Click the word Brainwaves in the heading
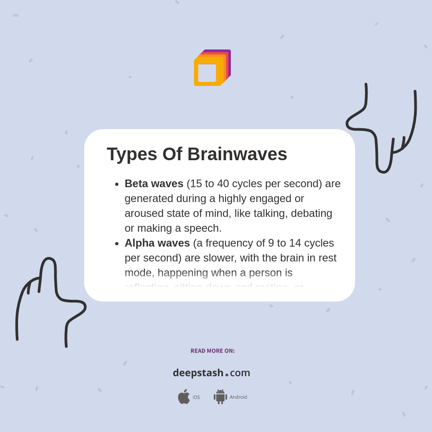(237, 154)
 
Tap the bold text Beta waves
(154, 184)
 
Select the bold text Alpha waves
(157, 243)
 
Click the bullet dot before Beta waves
(117, 184)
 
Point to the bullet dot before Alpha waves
(117, 244)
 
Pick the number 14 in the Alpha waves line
(295, 243)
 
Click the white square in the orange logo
(207, 73)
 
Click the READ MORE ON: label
(212, 351)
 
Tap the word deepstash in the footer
(198, 373)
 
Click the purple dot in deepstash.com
(227, 375)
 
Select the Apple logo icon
(184, 396)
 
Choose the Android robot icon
(220, 397)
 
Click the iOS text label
(196, 397)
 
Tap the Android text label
(238, 397)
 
